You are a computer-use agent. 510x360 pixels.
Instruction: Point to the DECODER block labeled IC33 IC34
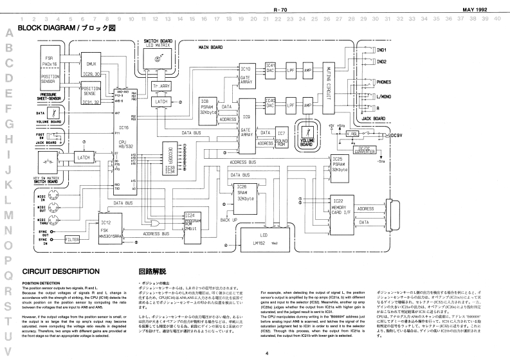(x=170, y=157)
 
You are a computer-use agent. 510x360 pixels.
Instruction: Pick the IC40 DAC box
(x=271, y=103)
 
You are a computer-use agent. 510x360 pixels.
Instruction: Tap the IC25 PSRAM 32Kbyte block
(x=340, y=164)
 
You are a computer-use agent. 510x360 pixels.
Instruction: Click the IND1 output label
(x=381, y=50)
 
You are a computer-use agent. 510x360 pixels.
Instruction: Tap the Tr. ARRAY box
(x=161, y=85)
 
